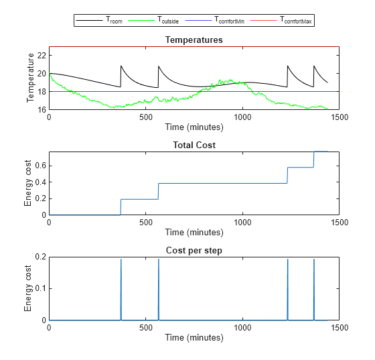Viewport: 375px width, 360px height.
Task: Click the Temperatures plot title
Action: click(194, 40)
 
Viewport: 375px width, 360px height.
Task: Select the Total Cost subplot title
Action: click(194, 145)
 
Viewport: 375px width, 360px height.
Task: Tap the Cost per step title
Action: click(194, 250)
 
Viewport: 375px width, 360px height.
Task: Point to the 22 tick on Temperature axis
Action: click(41, 55)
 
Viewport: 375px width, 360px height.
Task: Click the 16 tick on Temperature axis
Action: click(41, 109)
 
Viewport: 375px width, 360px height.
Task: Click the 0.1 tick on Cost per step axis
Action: click(40, 288)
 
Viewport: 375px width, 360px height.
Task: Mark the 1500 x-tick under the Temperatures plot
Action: click(339, 117)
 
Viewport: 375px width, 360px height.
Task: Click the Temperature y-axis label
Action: click(30, 82)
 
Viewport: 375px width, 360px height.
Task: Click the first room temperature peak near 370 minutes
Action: click(121, 66)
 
